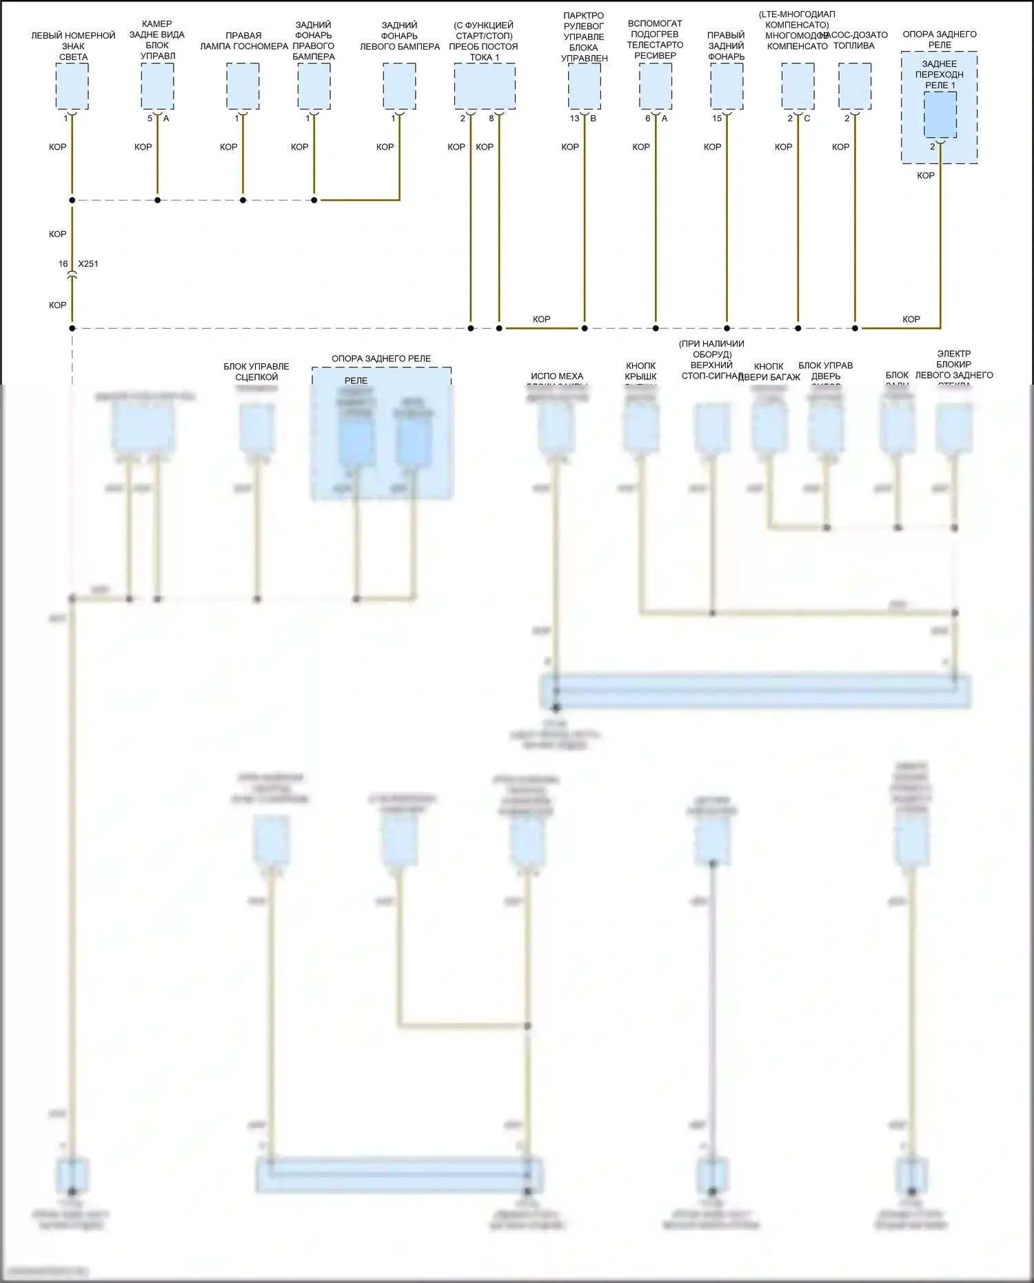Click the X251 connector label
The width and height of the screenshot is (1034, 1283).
click(x=88, y=264)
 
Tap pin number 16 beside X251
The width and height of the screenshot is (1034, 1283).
click(x=63, y=264)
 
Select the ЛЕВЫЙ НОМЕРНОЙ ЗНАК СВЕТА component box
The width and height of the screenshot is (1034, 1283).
click(x=72, y=86)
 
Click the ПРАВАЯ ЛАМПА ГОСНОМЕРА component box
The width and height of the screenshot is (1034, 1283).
click(x=243, y=86)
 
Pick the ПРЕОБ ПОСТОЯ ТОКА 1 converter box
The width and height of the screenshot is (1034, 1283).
click(x=485, y=86)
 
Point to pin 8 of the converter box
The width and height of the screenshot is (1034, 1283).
click(x=491, y=119)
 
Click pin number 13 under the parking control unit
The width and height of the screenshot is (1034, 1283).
click(x=574, y=119)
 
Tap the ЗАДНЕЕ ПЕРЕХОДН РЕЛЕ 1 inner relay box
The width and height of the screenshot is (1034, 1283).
click(x=940, y=114)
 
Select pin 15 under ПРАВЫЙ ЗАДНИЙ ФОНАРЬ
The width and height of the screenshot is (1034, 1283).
click(x=717, y=119)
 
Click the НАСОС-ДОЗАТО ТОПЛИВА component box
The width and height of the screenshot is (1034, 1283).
click(x=855, y=86)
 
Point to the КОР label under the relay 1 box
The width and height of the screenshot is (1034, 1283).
click(x=926, y=176)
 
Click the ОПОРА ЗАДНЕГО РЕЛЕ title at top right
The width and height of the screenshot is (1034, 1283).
click(x=940, y=39)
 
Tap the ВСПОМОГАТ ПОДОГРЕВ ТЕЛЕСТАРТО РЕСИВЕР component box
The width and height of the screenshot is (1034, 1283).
click(x=656, y=86)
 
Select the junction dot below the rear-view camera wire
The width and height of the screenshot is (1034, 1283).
click(x=157, y=201)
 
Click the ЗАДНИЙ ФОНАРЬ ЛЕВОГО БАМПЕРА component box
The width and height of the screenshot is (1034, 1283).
click(x=399, y=86)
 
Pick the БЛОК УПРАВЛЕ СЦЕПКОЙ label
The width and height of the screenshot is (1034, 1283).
click(x=256, y=372)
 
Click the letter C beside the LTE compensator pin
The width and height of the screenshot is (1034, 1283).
click(x=807, y=119)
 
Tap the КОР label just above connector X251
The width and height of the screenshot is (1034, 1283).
click(x=58, y=234)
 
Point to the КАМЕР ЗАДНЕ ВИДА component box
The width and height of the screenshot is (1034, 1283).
click(x=157, y=86)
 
